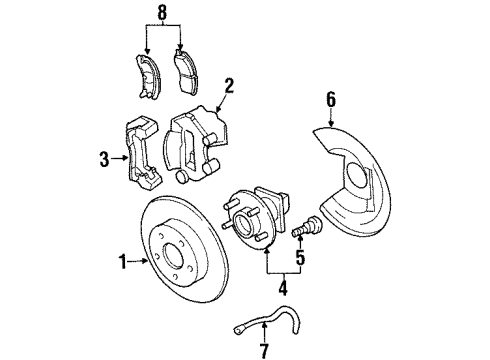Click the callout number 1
[121, 263]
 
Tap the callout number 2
[228, 86]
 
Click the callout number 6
[331, 99]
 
